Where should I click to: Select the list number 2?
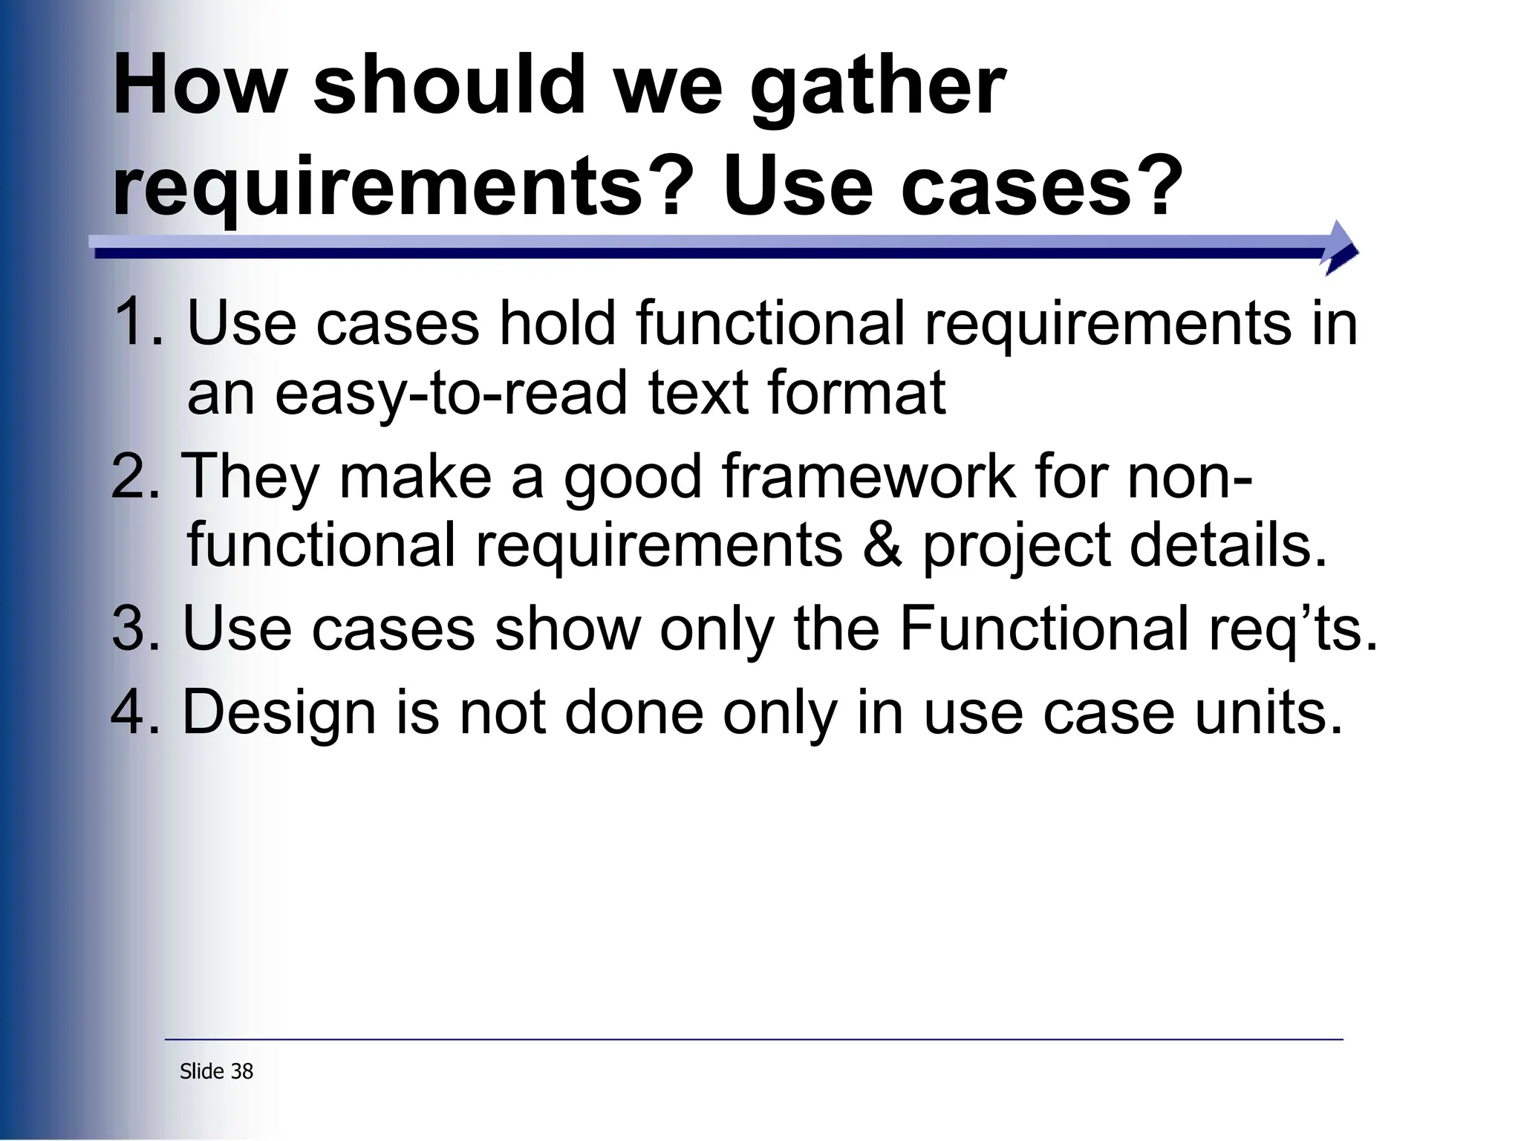point(134,476)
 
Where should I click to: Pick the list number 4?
point(134,712)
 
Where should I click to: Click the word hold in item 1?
point(557,322)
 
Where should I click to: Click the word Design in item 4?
point(279,714)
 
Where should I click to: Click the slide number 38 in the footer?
point(242,1071)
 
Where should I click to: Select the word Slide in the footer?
point(202,1071)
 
